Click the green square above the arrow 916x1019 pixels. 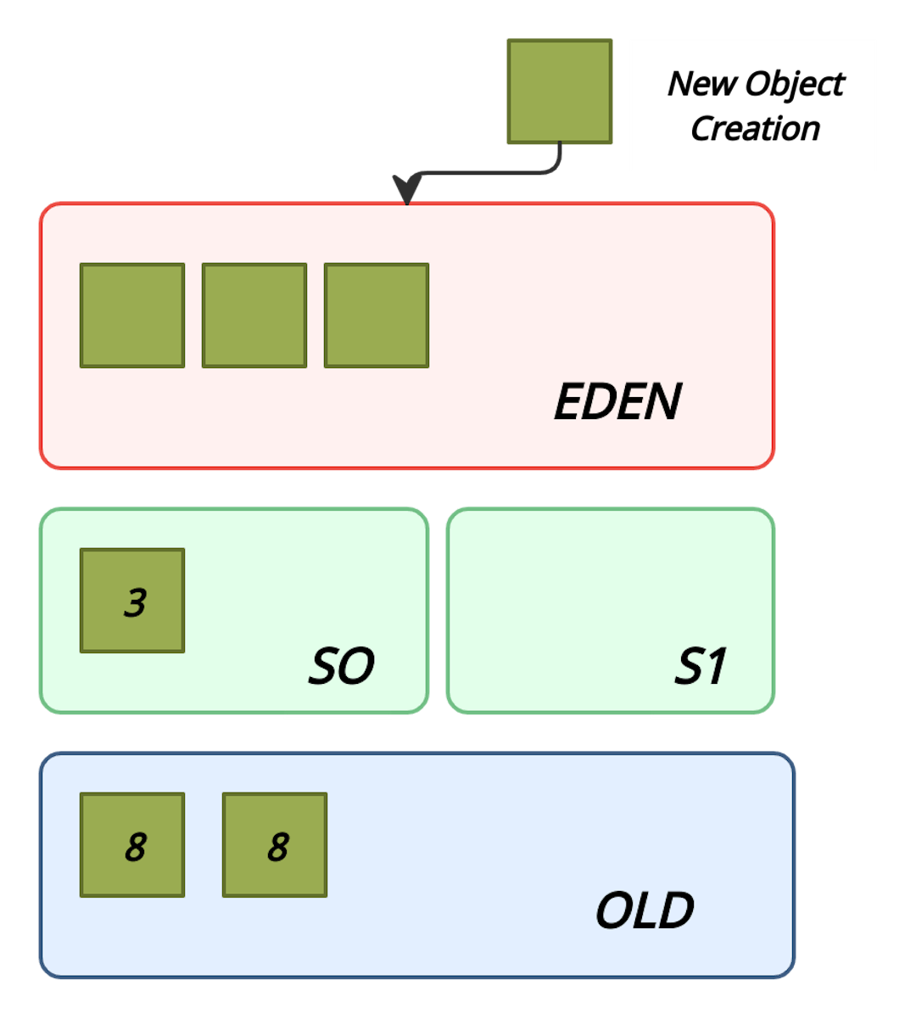[560, 92]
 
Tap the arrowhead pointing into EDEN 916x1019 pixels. [407, 191]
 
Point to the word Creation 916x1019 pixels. [755, 128]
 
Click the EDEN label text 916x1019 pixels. [617, 402]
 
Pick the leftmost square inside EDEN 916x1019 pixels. [132, 316]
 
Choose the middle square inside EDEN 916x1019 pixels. [254, 316]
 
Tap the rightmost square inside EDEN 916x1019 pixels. [377, 316]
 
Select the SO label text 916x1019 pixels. [340, 667]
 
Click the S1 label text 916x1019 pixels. [701, 667]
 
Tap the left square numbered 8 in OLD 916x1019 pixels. [132, 845]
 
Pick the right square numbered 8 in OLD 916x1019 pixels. [275, 845]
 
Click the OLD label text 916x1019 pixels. [644, 911]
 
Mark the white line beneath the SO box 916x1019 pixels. [338, 718]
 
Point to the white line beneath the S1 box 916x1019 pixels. [701, 718]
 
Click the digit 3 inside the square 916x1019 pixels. [135, 602]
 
